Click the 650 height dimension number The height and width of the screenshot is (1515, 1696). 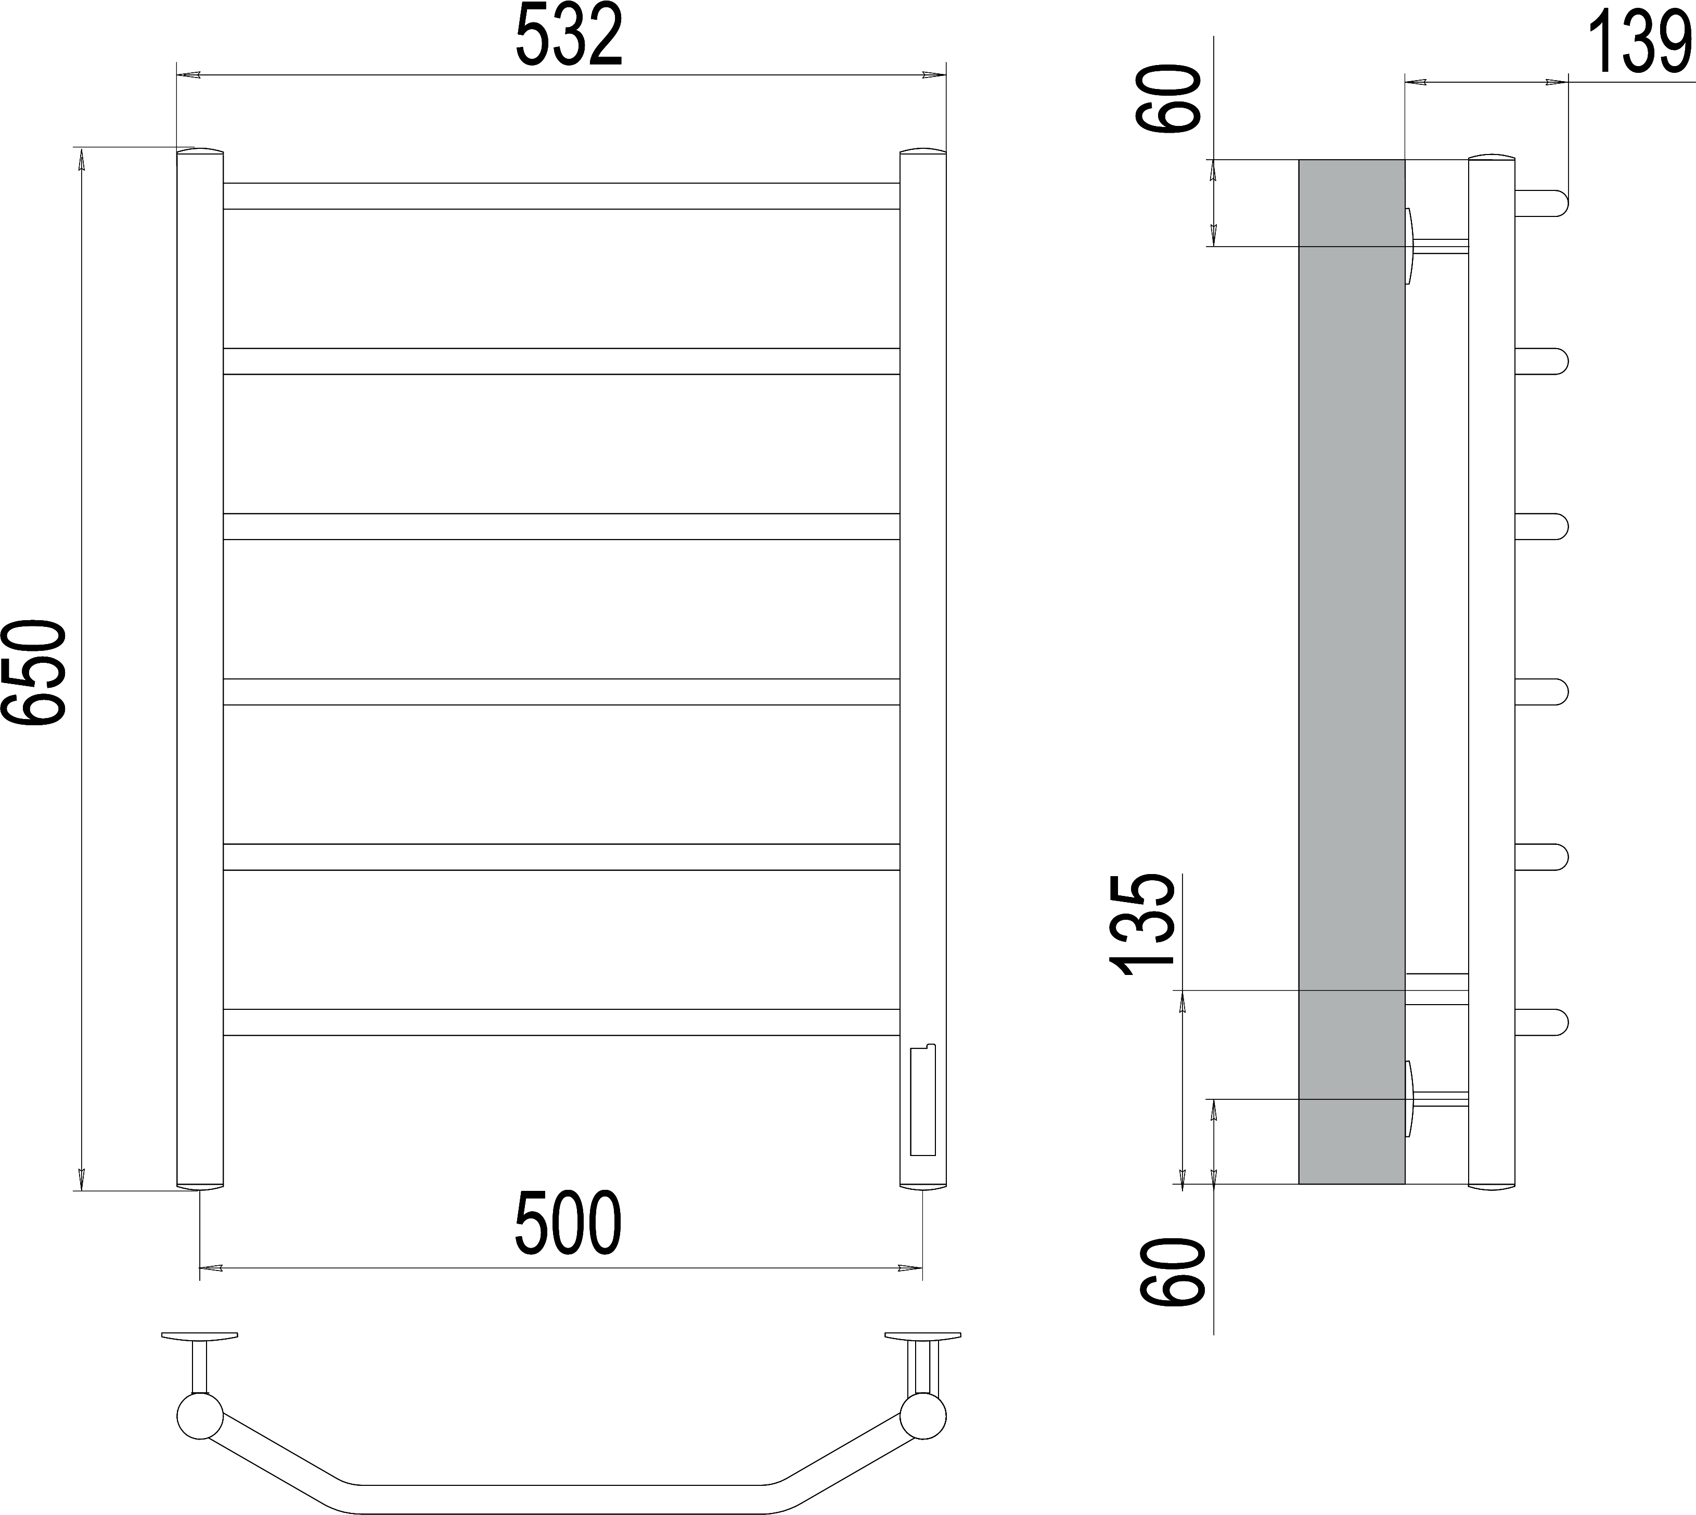click(x=33, y=673)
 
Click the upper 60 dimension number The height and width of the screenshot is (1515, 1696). click(x=1168, y=99)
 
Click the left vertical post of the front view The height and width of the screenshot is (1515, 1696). click(x=200, y=669)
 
